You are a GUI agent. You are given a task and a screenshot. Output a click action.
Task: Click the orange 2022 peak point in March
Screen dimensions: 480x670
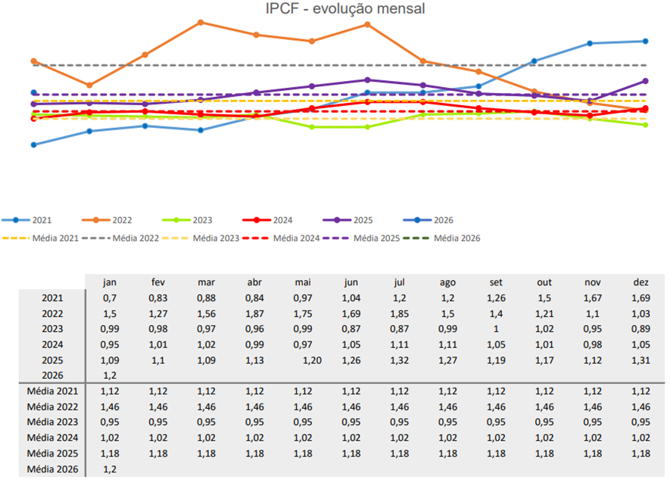pyautogui.click(x=201, y=22)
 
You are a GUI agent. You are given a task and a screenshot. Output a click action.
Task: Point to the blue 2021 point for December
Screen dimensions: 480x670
pyautogui.click(x=645, y=41)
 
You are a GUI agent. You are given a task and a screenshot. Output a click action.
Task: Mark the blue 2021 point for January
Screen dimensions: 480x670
pyautogui.click(x=33, y=145)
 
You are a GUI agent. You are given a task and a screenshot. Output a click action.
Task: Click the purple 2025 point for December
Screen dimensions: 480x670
pyautogui.click(x=645, y=80)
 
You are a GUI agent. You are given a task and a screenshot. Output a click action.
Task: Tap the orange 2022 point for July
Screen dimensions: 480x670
pyautogui.click(x=367, y=24)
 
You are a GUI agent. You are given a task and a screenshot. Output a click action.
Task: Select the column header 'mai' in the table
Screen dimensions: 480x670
pyautogui.click(x=303, y=282)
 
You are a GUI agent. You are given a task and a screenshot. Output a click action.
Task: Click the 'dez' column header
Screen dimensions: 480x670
pyautogui.click(x=640, y=282)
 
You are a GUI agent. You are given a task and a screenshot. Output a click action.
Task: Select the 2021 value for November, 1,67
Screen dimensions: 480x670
pyautogui.click(x=593, y=298)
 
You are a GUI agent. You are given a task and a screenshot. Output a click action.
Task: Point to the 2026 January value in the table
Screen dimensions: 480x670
pyautogui.click(x=110, y=376)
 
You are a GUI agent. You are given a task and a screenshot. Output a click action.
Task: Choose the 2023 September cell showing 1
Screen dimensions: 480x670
pyautogui.click(x=496, y=329)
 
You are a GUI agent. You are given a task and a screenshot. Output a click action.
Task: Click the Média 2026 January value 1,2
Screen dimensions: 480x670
pyautogui.click(x=110, y=469)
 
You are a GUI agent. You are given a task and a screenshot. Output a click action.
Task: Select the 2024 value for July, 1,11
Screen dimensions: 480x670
pyautogui.click(x=400, y=344)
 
